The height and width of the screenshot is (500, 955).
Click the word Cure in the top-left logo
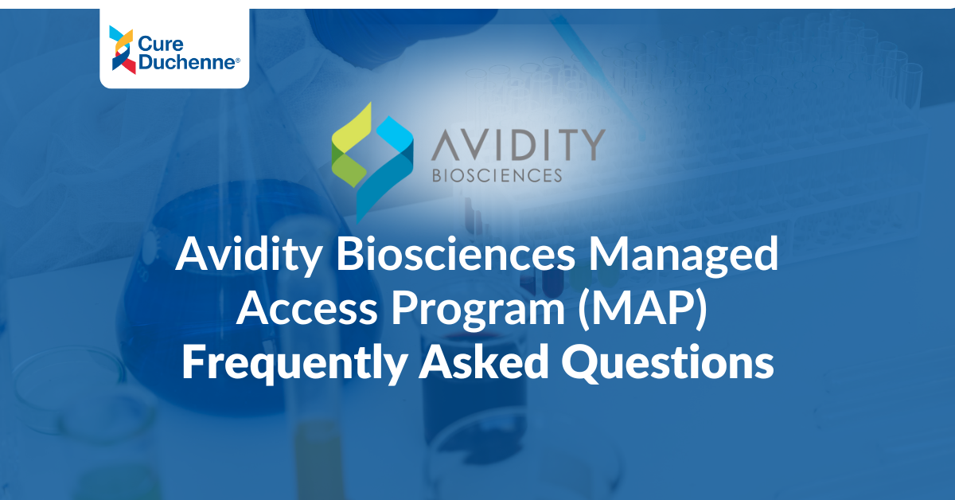tap(161, 44)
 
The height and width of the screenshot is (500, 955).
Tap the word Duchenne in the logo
tap(187, 62)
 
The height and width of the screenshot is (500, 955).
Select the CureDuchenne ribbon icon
tap(122, 49)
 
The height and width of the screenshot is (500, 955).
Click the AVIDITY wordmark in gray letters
tap(518, 145)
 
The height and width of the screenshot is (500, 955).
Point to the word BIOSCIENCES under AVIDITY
tap(497, 175)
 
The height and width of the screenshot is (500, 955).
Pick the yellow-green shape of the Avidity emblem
tap(351, 128)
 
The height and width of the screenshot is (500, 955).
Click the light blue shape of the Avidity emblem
tap(396, 134)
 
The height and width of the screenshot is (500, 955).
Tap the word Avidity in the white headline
tap(248, 256)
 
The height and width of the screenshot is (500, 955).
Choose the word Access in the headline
tap(307, 308)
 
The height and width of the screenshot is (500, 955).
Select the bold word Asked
tap(484, 361)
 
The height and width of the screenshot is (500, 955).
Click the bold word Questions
tap(668, 362)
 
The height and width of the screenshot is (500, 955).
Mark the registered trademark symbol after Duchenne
tap(237, 61)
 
